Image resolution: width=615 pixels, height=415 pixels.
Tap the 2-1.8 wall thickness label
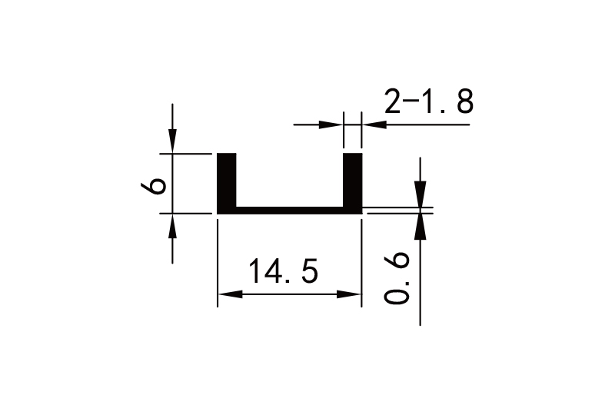pyautogui.click(x=428, y=101)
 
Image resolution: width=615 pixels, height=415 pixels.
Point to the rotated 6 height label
pyautogui.click(x=156, y=185)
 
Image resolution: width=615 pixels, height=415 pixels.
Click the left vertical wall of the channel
pyautogui.click(x=227, y=181)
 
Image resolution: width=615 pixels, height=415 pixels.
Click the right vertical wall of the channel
pyautogui.click(x=352, y=181)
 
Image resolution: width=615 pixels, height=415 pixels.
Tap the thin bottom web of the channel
pyautogui.click(x=289, y=210)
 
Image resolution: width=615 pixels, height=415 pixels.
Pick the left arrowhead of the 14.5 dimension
pyautogui.click(x=228, y=294)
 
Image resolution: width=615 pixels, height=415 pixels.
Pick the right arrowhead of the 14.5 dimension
pyautogui.click(x=351, y=294)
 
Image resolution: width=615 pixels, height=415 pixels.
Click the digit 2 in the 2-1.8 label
pyautogui.click(x=393, y=101)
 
